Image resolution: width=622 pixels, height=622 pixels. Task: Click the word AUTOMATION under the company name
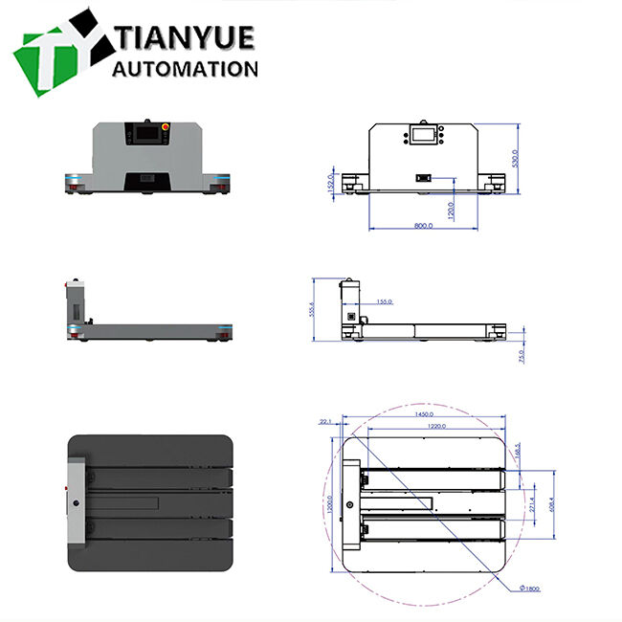coord(186,69)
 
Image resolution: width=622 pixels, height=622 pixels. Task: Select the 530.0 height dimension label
coord(515,157)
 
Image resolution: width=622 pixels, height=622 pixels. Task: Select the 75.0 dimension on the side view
coord(522,356)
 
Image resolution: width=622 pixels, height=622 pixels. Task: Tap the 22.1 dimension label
coord(325,421)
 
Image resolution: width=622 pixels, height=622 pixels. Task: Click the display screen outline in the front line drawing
coord(422,135)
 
